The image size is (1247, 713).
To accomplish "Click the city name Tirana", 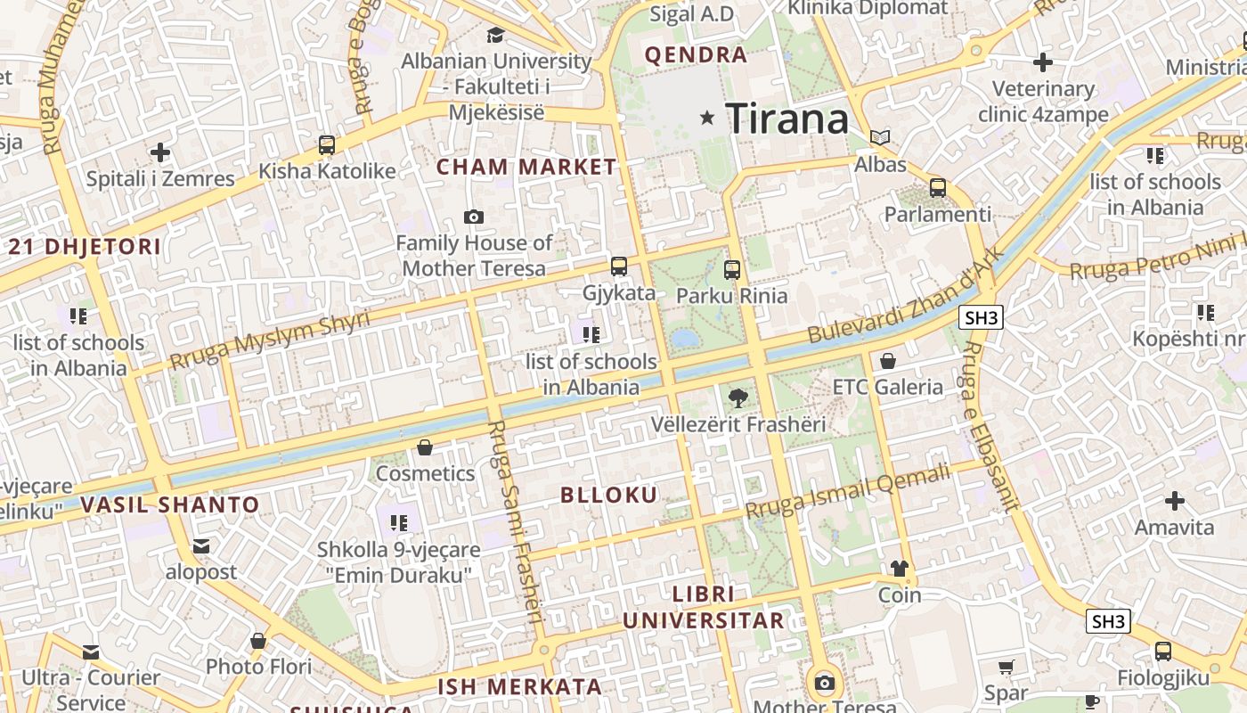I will [x=787, y=119].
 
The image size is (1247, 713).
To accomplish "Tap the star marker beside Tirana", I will [x=708, y=118].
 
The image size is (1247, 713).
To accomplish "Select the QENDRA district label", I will [x=696, y=55].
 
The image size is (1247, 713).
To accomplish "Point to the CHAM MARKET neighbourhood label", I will [x=526, y=167].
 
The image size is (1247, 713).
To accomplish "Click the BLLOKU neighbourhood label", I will [x=609, y=496].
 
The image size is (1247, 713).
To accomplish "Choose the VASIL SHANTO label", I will [x=170, y=505].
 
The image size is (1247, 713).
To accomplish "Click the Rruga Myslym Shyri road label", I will [x=269, y=340].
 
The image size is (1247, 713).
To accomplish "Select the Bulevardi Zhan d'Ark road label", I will [x=906, y=296].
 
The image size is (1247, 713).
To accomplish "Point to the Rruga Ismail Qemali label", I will [x=848, y=493].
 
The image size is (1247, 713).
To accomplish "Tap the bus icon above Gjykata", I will [x=618, y=266].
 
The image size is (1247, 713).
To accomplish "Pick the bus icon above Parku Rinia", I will [x=732, y=268].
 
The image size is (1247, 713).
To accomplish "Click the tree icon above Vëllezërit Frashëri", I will [x=738, y=397].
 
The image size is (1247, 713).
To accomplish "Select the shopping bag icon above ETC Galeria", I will [x=888, y=361].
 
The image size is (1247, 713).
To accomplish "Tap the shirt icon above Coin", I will [x=900, y=569].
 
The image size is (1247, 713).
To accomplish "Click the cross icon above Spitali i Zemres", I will [x=160, y=152].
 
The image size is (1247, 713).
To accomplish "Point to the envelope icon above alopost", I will [x=201, y=545].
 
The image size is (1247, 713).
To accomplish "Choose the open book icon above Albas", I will [x=880, y=137].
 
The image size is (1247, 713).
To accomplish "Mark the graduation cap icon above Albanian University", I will [x=495, y=35].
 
